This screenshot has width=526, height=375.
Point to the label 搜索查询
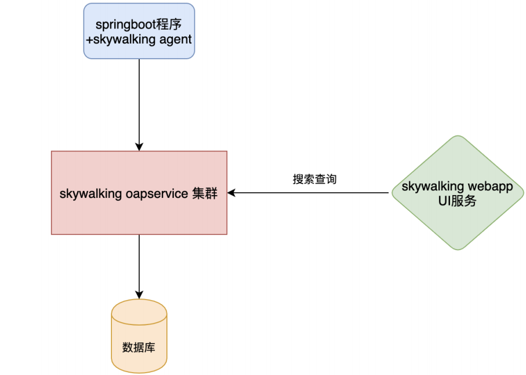point(315,179)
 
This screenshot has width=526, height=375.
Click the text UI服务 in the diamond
point(458,201)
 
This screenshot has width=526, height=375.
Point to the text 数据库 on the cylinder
point(139,348)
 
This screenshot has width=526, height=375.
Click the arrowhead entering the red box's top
point(139,147)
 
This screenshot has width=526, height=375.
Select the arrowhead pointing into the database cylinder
point(139,295)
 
